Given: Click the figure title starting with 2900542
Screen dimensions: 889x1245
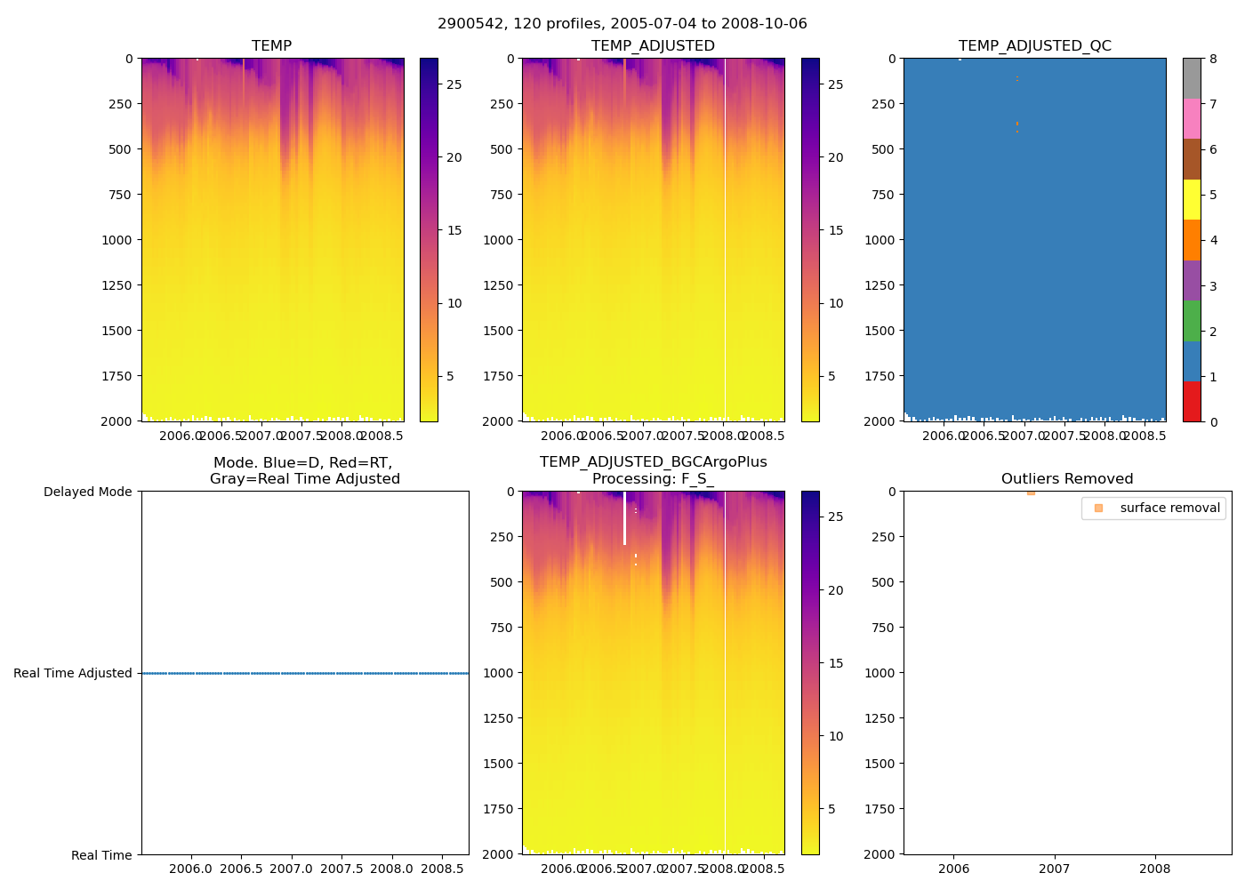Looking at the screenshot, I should point(622,24).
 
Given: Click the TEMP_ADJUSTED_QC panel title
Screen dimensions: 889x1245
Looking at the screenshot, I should point(1034,45).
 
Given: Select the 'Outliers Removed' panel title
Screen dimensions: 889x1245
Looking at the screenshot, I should point(1066,478).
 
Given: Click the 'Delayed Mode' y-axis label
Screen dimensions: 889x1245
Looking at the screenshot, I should point(87,492).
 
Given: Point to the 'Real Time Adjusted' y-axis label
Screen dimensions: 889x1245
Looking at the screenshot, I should point(73,673).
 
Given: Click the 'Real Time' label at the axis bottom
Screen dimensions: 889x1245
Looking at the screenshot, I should point(101,855).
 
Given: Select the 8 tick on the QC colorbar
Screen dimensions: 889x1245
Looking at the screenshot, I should point(1213,59).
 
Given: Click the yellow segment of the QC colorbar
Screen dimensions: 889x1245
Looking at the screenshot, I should point(1192,200).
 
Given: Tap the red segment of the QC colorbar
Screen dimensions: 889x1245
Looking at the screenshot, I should point(1192,401).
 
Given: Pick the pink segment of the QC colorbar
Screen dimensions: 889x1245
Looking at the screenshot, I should point(1192,119).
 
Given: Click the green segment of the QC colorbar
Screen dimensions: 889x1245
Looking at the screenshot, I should point(1192,321).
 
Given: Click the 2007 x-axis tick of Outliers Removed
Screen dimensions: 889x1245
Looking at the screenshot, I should point(1055,868).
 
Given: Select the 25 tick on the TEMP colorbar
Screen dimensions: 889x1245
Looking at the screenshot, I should point(454,84).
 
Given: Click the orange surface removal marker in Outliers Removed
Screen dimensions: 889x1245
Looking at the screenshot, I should point(1031,492).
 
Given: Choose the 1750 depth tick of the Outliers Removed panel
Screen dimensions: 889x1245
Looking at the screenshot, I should point(880,809).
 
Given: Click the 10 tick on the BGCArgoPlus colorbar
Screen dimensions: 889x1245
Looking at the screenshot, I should point(835,736).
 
